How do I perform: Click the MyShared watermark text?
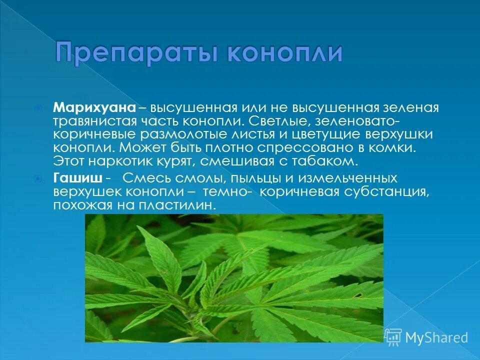tap(436, 338)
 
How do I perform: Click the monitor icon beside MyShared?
tap(393, 337)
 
